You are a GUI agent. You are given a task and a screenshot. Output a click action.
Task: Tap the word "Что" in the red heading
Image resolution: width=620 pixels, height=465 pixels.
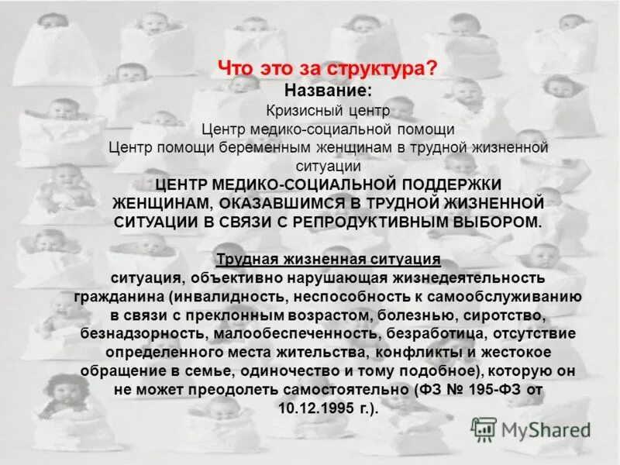(x=234, y=69)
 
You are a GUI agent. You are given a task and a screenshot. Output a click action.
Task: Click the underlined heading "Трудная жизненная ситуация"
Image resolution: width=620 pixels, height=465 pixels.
(x=329, y=259)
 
